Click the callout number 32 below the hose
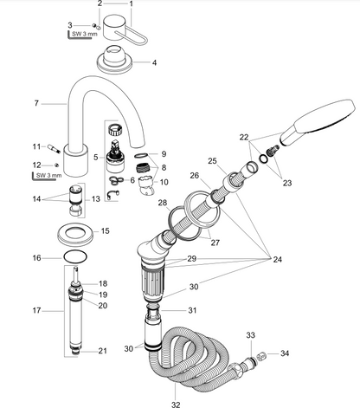point(176,404)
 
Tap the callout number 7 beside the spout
point(36,103)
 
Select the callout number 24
point(277,259)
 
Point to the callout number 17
point(36,311)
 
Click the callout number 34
point(285,353)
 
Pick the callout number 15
point(106,231)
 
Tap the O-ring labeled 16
point(75,256)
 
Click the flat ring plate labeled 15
point(76,233)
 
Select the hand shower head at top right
point(318,122)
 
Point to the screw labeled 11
point(55,148)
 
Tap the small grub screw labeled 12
point(57,165)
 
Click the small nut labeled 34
point(260,356)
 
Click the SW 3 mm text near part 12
point(48,175)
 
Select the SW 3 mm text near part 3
point(85,34)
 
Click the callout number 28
point(163,203)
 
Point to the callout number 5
point(96,158)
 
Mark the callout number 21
point(102,351)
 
